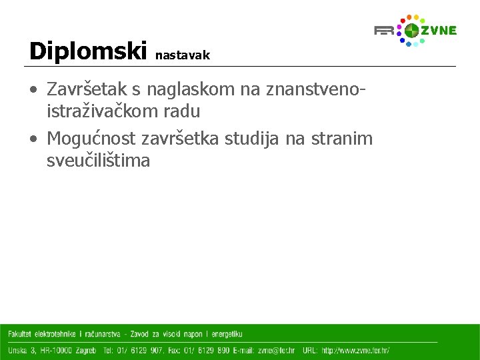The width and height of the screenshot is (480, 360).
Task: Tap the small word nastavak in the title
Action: [182, 56]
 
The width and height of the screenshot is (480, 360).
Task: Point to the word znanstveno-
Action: [316, 89]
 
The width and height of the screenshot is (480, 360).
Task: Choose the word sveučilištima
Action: [98, 160]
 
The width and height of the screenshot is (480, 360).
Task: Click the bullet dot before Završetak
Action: [33, 89]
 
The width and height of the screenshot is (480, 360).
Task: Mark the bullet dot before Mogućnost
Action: [33, 139]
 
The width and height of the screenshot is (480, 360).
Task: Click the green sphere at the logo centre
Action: [412, 30]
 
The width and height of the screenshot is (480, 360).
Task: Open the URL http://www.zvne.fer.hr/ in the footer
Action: [355, 350]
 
